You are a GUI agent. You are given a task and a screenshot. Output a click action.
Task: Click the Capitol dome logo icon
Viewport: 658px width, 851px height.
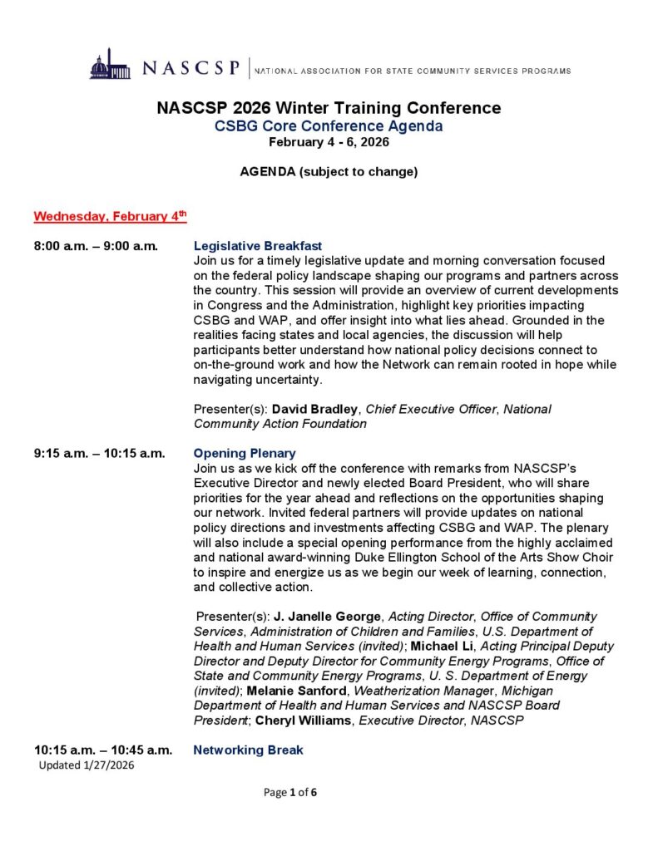point(110,66)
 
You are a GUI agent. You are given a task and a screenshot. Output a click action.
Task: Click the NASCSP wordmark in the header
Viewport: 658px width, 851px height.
point(191,68)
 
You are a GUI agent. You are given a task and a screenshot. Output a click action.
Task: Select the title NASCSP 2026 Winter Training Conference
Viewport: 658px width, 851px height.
point(329,109)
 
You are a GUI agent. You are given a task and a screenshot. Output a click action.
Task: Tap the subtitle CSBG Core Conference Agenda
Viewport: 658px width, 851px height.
point(329,126)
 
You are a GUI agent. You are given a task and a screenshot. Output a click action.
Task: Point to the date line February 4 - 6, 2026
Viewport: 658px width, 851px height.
point(329,142)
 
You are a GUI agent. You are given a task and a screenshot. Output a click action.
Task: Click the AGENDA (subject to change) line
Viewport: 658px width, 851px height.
point(329,173)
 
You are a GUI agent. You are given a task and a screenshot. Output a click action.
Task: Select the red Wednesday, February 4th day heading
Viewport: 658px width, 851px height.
point(110,217)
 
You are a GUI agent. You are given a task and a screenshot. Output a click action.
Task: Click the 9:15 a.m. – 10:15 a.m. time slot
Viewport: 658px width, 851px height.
point(99,454)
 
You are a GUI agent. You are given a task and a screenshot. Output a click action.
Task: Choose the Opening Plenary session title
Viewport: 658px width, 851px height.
point(245,454)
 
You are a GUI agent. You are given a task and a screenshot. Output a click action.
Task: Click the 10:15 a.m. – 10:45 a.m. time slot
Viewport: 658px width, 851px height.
point(103,750)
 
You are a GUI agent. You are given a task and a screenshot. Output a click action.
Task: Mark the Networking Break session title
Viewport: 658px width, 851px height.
point(248,750)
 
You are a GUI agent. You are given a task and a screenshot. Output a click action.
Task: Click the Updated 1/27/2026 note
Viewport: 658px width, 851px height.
point(87,765)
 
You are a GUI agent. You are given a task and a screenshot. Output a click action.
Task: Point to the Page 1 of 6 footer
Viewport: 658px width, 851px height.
point(290,792)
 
